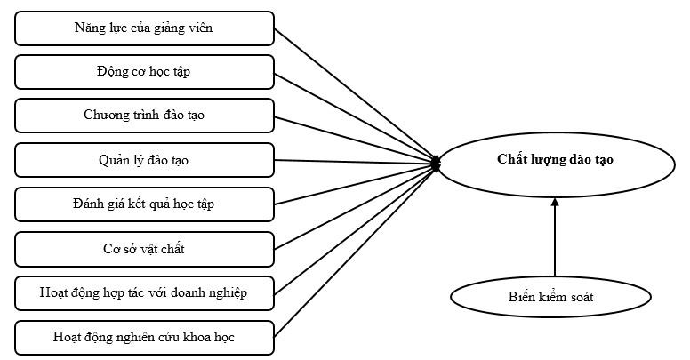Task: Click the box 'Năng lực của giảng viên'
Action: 144,28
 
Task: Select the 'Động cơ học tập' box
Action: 144,72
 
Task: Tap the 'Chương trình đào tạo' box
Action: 144,116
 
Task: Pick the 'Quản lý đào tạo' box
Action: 144,160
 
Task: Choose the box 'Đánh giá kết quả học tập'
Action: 144,204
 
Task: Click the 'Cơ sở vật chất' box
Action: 144,249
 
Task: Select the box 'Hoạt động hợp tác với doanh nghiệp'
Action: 144,292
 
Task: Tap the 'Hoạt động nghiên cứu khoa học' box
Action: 144,337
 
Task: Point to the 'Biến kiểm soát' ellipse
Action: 554,297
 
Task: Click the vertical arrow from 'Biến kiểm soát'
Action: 555,240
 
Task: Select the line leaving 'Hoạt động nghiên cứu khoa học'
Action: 356,250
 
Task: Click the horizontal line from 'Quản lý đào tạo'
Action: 356,162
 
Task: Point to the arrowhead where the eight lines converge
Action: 436,163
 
